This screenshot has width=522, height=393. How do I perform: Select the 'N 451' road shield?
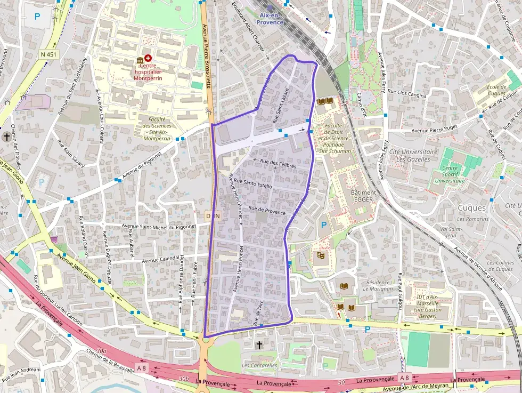tap(47, 54)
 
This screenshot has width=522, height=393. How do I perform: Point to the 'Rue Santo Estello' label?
tap(253, 185)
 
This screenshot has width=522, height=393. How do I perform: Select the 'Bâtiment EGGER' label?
tap(363, 196)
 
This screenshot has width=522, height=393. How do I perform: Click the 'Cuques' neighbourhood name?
tap(471, 208)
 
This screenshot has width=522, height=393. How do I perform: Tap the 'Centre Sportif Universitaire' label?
tap(450, 174)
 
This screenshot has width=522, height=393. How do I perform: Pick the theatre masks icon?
tap(321, 256)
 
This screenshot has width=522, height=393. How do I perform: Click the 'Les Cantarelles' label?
tap(259, 365)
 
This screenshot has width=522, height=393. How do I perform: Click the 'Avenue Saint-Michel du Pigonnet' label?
tap(159, 226)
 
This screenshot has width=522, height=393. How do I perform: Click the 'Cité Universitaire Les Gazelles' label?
tap(413, 155)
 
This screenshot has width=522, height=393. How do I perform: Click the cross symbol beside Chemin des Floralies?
tap(6, 138)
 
